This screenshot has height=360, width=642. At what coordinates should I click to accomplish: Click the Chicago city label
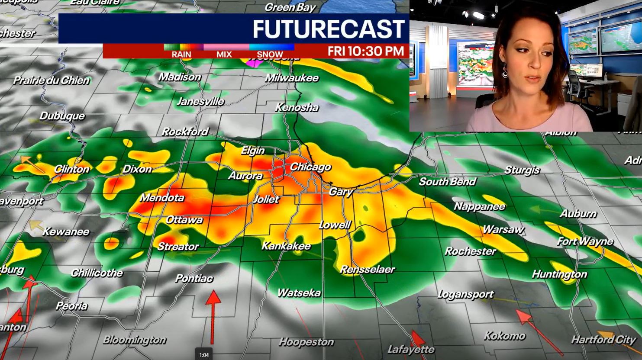(310, 167)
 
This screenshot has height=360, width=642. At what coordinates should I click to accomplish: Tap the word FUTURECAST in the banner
(329, 29)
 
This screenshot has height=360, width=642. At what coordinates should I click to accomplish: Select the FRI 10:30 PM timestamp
(365, 51)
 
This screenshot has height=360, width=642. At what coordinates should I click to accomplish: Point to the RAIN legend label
(181, 55)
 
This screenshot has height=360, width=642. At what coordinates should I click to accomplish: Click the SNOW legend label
(270, 55)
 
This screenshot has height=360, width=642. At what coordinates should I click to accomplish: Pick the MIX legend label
(224, 55)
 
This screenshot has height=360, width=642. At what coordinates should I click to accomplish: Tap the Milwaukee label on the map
(292, 78)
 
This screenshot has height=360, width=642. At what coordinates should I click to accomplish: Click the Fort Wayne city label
(585, 241)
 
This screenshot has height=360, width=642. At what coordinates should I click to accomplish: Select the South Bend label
(447, 182)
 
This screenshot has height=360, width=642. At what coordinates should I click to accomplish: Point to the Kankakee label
(286, 246)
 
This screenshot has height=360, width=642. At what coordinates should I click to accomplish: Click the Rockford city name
(185, 132)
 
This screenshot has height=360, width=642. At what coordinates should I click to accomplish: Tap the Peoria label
(72, 306)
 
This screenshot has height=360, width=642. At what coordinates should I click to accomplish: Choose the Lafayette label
(411, 349)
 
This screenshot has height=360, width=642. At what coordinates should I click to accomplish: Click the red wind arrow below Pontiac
(213, 316)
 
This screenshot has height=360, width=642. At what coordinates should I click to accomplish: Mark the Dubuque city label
(62, 116)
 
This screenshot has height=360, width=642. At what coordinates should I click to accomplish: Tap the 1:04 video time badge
(204, 355)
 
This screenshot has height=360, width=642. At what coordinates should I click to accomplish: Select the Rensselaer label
(367, 270)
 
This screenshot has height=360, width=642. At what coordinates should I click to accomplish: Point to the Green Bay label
(290, 7)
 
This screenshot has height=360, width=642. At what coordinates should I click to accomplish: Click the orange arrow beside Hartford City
(606, 336)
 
